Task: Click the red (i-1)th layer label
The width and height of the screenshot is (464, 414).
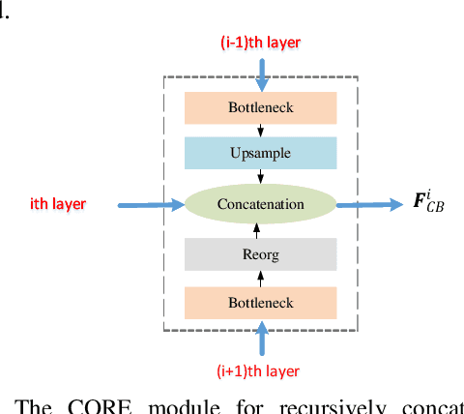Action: point(260,43)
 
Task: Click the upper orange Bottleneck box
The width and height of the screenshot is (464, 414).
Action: point(260,106)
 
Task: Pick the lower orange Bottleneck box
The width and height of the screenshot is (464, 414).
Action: point(260,302)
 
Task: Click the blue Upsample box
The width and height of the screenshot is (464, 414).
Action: point(260,153)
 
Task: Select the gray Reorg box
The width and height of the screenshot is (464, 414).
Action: point(260,254)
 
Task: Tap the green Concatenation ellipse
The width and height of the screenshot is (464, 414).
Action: point(260,204)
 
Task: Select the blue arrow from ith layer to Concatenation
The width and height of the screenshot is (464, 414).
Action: point(150,204)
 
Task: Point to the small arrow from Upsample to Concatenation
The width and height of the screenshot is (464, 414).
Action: point(260,177)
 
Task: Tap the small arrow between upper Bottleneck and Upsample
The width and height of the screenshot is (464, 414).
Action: point(260,131)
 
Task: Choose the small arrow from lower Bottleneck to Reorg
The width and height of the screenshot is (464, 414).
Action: point(260,279)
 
